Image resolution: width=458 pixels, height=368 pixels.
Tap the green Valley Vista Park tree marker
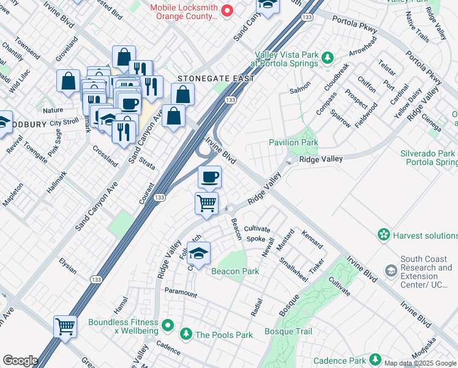pos(328,58)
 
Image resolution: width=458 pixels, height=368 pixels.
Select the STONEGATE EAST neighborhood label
pos(207,79)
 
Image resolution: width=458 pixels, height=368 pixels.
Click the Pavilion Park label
pos(293,142)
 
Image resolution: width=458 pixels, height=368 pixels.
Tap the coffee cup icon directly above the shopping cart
pos(209,178)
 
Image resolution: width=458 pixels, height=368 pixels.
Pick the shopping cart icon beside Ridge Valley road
pos(206,203)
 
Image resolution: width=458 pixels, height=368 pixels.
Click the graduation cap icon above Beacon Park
pos(198,253)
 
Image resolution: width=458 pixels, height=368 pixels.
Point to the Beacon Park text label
pos(235,271)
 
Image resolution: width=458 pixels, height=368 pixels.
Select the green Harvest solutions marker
pos(384,235)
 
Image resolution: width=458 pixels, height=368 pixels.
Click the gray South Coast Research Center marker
pos(391,270)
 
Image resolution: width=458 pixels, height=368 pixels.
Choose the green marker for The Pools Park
pos(186,334)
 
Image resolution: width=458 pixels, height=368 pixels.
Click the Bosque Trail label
pos(288,332)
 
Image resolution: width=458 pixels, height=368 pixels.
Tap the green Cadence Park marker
pos(374,361)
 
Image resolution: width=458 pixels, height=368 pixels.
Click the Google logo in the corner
pos(20,361)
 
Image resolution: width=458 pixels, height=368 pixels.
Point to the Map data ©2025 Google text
pos(421,363)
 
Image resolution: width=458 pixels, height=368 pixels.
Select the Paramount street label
pos(181,294)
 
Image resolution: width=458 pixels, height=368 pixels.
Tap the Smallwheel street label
pos(293,267)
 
